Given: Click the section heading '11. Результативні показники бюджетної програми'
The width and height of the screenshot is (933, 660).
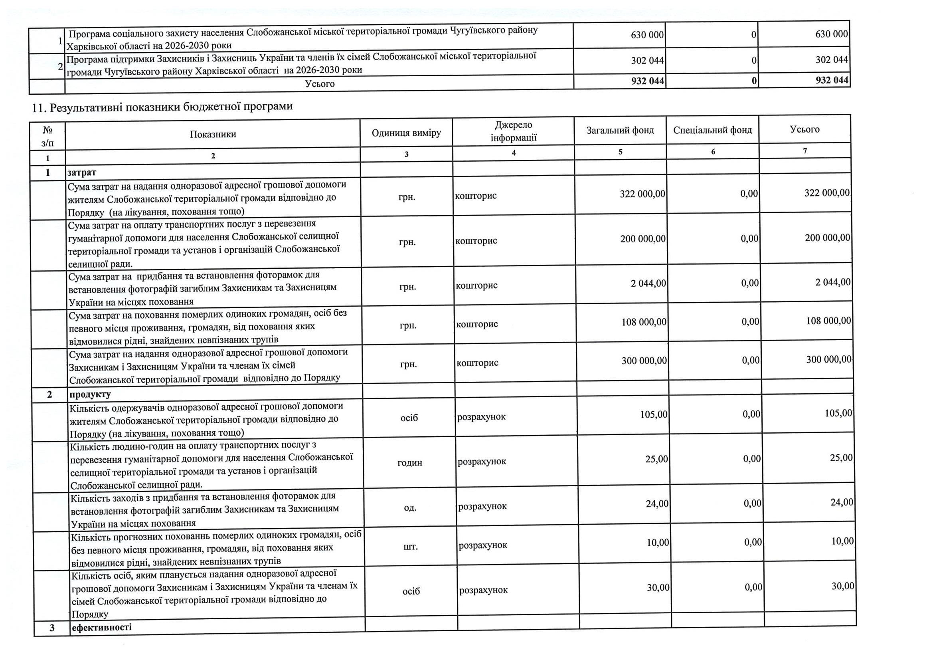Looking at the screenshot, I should coord(162,107).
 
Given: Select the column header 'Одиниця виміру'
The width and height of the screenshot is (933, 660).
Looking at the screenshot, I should coord(406,133).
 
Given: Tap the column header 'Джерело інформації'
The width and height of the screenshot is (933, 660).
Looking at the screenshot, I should coord(513,131).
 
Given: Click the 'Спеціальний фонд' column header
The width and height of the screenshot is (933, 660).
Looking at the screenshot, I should coord(712,130).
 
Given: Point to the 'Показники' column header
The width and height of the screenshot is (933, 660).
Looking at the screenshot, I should coord(213,134).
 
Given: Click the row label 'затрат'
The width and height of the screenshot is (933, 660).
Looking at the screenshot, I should coord(82,172).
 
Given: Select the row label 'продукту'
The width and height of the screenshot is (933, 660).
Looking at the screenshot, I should coord(90,394).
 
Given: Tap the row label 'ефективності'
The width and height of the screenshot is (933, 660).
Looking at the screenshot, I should coord(102,627).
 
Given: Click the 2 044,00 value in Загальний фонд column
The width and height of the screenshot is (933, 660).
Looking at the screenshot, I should coord(648,283).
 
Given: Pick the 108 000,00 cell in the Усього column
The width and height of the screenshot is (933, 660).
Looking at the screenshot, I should coord(828,321).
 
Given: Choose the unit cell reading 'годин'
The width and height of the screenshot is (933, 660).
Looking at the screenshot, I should coord(409,463).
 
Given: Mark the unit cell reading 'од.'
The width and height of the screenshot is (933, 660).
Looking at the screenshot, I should coord(410,508).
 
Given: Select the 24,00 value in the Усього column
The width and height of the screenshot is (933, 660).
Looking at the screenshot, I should coord(841,503).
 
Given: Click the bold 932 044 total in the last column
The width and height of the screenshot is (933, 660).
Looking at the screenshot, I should coord(831,80).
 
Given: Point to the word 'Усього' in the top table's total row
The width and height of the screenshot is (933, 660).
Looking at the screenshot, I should coord(320,84).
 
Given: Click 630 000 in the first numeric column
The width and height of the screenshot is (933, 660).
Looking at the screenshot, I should coord(647,35).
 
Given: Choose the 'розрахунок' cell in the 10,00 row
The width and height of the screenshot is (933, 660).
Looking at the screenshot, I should coord(483,545).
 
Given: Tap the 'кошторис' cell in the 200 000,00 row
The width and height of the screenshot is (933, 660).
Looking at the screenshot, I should coord(476,241).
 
